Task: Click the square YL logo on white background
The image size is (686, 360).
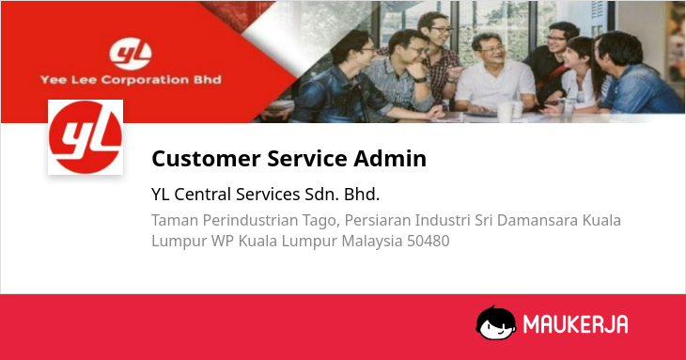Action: (86, 137)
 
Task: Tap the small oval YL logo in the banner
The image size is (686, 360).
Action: (131, 55)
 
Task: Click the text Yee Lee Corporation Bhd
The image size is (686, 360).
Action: (131, 80)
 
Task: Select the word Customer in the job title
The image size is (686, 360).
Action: (206, 158)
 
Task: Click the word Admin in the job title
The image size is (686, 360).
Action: (390, 158)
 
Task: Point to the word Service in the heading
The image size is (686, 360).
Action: (307, 158)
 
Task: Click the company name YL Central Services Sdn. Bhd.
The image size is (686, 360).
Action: (266, 195)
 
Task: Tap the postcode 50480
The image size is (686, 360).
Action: (429, 241)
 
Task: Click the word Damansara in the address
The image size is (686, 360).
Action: (537, 220)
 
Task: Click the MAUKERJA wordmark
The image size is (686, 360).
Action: (576, 324)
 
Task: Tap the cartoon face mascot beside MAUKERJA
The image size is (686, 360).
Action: (495, 323)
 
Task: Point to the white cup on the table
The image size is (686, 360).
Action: (505, 112)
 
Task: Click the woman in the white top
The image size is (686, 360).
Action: (578, 74)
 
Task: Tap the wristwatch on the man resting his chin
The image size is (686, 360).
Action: (420, 80)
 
